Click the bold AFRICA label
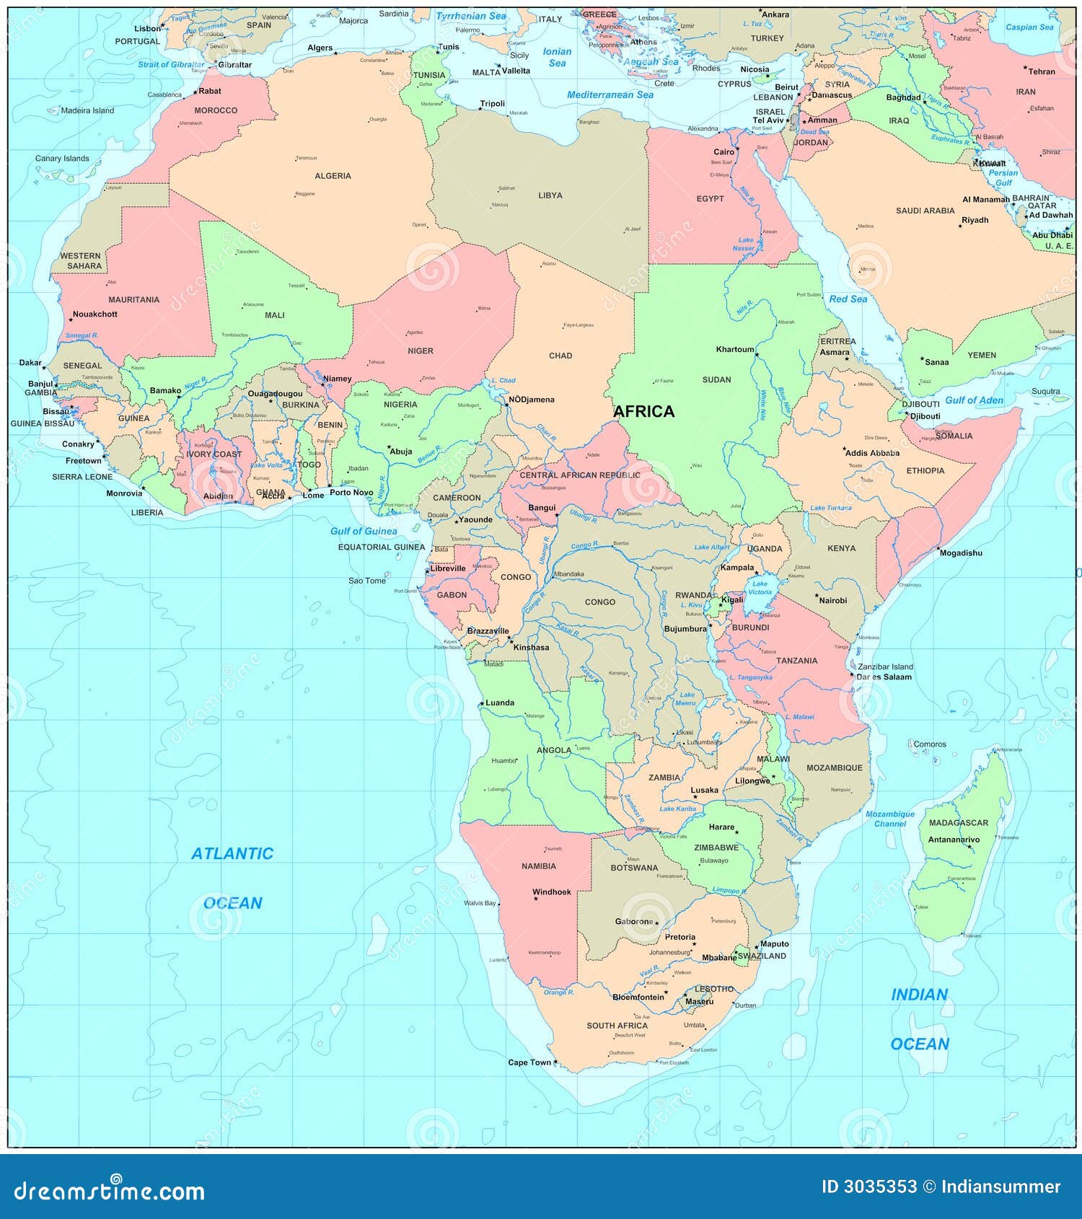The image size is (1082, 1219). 643,411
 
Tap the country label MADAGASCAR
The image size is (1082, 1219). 958,822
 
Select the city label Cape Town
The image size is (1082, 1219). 529,1062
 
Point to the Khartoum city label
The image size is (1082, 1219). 734,349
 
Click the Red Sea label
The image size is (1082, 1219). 848,299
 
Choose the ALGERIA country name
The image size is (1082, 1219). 333,175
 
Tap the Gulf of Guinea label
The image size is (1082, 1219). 364,531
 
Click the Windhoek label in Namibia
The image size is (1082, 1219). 551,892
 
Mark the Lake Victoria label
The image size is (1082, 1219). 760,588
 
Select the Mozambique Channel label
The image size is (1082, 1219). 889,819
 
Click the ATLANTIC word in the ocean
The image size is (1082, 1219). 232,853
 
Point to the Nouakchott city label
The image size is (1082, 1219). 94,314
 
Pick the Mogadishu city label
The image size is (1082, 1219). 960,553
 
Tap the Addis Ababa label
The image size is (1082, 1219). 872,453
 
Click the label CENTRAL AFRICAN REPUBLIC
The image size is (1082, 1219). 579,475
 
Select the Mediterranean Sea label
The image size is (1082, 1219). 610,94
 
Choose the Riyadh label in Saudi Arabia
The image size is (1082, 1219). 975,220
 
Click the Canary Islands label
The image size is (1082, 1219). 62,158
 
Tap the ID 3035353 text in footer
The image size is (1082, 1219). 868,1187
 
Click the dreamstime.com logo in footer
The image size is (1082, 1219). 109,1190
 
